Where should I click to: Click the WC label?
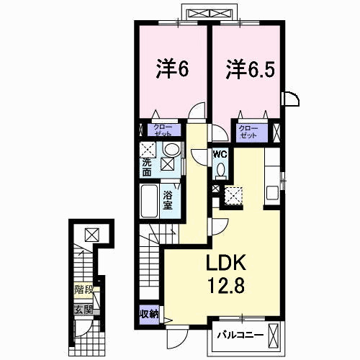pyautogui.click(x=220, y=154)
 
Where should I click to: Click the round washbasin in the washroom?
pyautogui.click(x=171, y=150)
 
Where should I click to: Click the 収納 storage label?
pyautogui.click(x=150, y=314)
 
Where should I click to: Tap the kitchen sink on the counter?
pyautogui.click(x=273, y=192)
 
